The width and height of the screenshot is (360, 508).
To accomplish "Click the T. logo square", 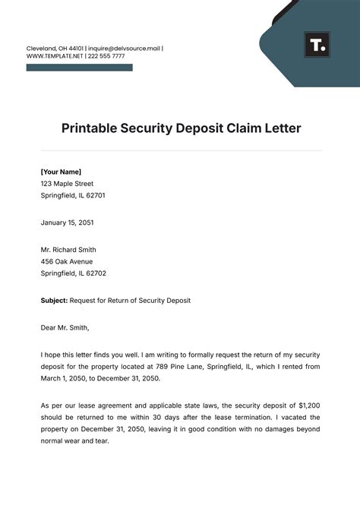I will click(x=317, y=44).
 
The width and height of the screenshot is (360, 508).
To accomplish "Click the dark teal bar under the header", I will click(x=79, y=68).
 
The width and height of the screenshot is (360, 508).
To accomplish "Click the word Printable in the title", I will click(x=91, y=128).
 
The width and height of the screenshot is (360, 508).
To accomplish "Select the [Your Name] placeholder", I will click(x=61, y=172).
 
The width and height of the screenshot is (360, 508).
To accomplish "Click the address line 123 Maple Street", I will click(x=67, y=183).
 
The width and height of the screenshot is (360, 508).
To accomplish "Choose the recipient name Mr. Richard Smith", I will click(x=68, y=250).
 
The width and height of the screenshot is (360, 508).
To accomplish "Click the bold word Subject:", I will click(x=54, y=301).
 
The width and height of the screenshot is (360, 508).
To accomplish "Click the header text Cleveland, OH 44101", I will click(x=55, y=49).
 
